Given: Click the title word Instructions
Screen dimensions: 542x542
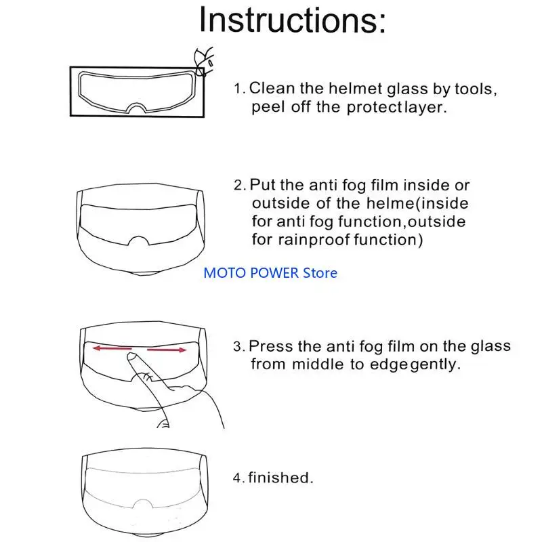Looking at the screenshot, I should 292,20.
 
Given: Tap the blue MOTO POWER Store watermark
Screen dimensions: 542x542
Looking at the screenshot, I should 270,273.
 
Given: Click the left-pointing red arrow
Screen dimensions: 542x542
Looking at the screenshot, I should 112,348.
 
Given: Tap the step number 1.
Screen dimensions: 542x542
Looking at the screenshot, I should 238,89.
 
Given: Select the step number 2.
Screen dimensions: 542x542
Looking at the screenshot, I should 238,186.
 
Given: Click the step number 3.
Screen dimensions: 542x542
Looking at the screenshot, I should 238,347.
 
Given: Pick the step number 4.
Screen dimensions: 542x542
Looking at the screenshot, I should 238,478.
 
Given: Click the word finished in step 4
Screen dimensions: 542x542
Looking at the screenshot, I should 280,478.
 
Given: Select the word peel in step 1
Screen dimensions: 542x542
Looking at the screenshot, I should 265,108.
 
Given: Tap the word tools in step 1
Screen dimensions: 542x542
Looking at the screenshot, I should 478,88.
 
